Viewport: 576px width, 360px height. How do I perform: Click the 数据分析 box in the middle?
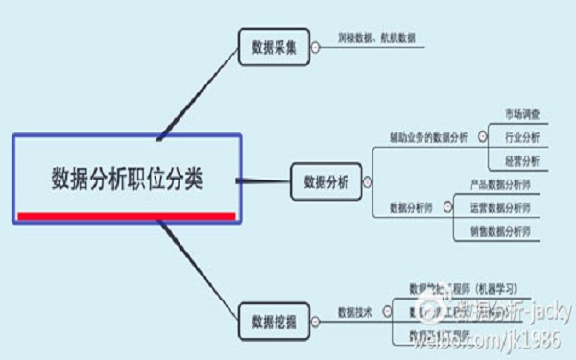(326, 180)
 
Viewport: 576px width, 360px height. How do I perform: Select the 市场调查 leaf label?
(521, 114)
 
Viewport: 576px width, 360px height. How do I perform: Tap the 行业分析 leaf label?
(521, 137)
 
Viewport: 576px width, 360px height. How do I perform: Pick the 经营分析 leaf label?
(521, 160)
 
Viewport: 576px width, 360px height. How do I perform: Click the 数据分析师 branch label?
(411, 206)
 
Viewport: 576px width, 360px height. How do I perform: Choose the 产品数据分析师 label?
(499, 183)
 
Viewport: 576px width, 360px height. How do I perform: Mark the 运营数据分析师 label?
(499, 206)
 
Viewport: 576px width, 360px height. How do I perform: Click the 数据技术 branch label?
(353, 312)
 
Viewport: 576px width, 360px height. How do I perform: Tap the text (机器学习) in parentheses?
(492, 287)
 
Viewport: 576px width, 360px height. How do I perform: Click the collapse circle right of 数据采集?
(317, 41)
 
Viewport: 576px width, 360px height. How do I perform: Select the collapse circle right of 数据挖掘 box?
(317, 318)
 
